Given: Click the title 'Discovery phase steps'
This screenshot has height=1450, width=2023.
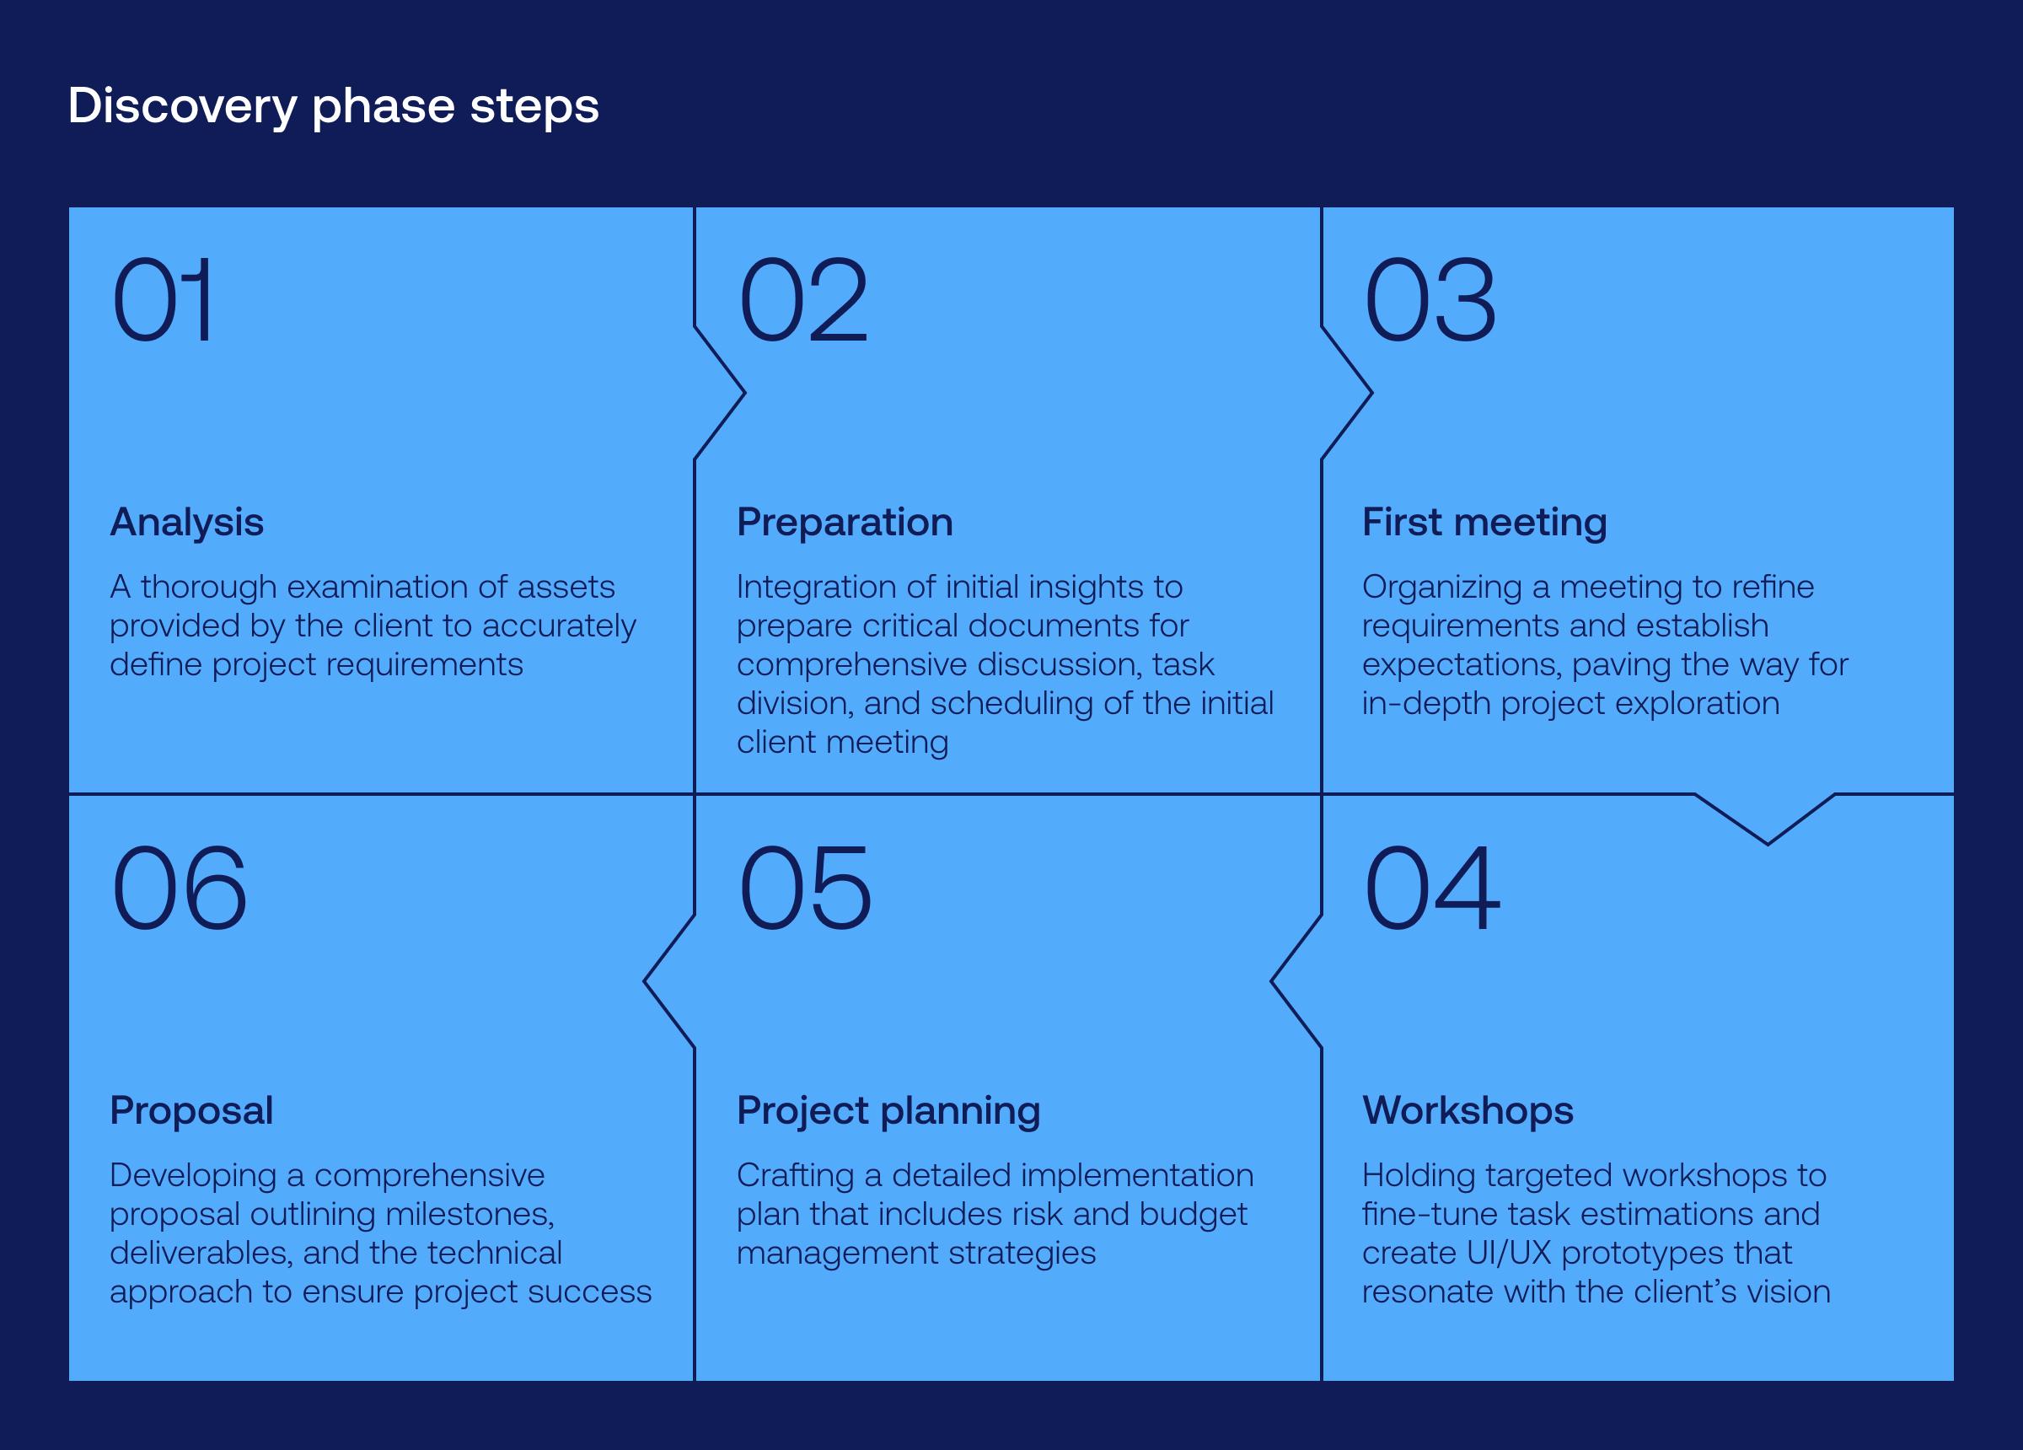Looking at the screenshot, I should (333, 106).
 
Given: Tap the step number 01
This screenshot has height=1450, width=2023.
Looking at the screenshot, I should (163, 300).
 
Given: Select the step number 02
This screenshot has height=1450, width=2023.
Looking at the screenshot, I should (802, 300).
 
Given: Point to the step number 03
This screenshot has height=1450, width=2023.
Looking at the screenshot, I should (1430, 300).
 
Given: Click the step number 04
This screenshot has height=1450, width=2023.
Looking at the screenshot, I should (1431, 889).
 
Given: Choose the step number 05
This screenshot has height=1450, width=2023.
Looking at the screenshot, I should (804, 889).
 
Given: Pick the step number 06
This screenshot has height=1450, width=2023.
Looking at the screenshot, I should (179, 889).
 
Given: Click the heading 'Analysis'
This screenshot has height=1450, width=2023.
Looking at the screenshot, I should (186, 522).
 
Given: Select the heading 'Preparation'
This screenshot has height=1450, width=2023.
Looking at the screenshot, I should (844, 522).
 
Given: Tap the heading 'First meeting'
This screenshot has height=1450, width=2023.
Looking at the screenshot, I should (1484, 522).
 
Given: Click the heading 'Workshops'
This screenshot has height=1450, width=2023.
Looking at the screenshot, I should (1468, 1110).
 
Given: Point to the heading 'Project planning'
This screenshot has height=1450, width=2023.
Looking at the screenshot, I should (888, 1111).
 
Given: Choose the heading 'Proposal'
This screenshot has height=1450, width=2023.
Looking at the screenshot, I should (190, 1110).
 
